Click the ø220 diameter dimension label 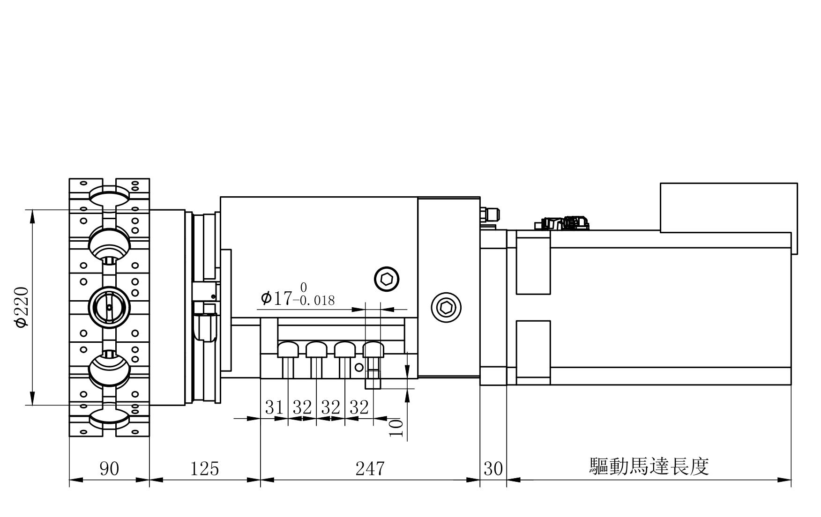[x=22, y=307]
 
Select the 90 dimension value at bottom [x=109, y=468]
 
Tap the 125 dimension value [x=205, y=468]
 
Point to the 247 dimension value [x=370, y=468]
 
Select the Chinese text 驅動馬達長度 [x=649, y=466]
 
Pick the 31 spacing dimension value [x=274, y=407]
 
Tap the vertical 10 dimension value [x=396, y=428]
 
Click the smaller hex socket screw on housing [x=387, y=280]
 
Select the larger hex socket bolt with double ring [x=446, y=307]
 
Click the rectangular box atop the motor [x=728, y=207]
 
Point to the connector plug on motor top [x=562, y=223]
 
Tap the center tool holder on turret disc [x=109, y=307]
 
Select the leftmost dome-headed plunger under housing [x=288, y=349]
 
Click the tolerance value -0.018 [x=313, y=300]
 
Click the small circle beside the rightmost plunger [x=359, y=367]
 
